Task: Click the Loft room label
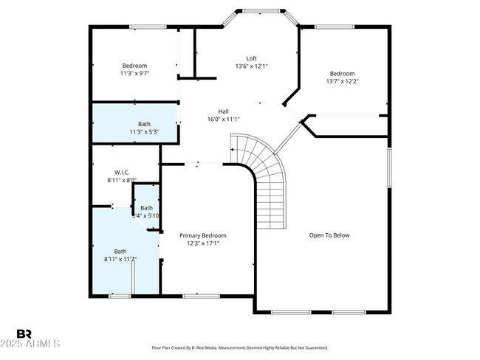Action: coord(251,58)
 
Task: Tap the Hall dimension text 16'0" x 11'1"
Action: coord(223,119)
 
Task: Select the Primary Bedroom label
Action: coord(203,235)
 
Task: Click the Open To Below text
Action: coord(329,235)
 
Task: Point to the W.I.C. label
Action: coord(122,172)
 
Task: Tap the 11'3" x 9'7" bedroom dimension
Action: coord(134,74)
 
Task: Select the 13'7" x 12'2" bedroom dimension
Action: coord(342,81)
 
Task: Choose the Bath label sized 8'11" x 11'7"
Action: coord(120,252)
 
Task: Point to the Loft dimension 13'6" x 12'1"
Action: coord(251,66)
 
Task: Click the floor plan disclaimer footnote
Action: coord(240,347)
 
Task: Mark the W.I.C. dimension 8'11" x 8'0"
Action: coord(122,179)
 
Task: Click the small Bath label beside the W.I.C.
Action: coord(146,208)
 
